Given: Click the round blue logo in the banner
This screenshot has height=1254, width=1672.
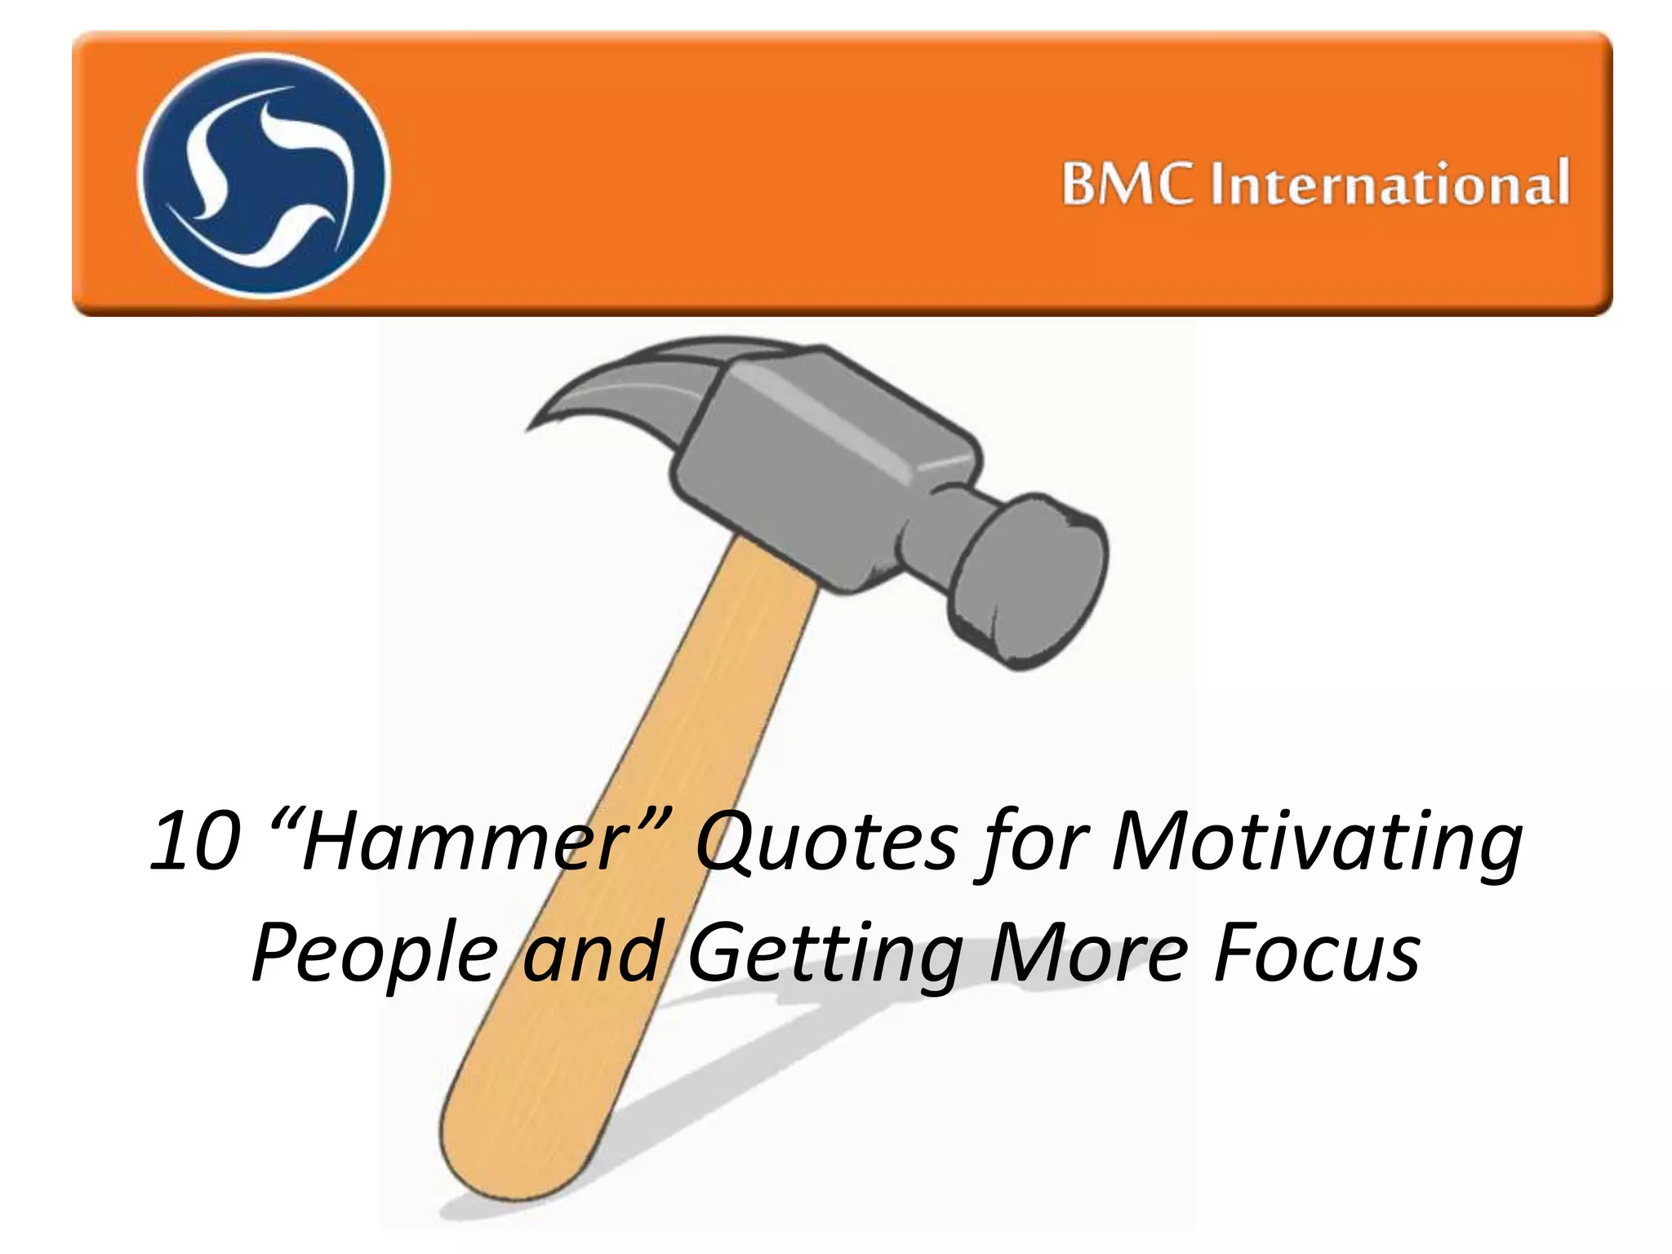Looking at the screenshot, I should pyautogui.click(x=263, y=175).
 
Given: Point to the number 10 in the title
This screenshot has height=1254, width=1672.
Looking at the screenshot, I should pyautogui.click(x=196, y=842).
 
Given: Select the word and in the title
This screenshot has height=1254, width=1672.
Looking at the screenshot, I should pyautogui.click(x=592, y=952).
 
